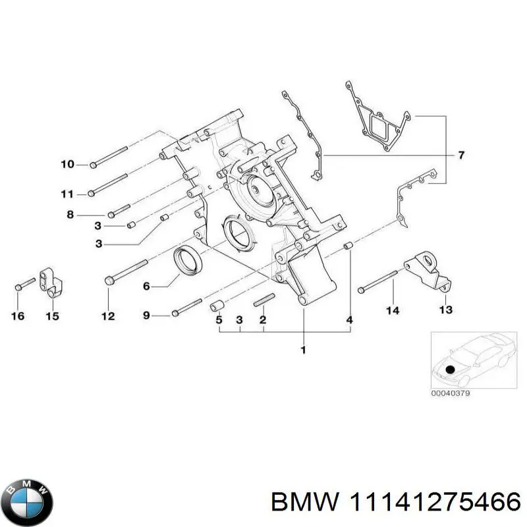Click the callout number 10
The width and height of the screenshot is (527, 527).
coord(67,164)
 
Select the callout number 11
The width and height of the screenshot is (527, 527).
coord(67,194)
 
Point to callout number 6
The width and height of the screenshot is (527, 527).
coord(146,286)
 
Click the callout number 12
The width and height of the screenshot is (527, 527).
coord(107,316)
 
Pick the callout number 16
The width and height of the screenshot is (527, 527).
coord(18,317)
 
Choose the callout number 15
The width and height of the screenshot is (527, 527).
coord(52,317)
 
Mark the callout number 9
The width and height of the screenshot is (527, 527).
coord(146,316)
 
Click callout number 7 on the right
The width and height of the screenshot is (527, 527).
coord(461,155)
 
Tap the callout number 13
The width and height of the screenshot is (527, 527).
coord(446,309)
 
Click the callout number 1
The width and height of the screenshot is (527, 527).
coord(303,350)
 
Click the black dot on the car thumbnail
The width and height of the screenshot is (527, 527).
coord(450,369)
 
